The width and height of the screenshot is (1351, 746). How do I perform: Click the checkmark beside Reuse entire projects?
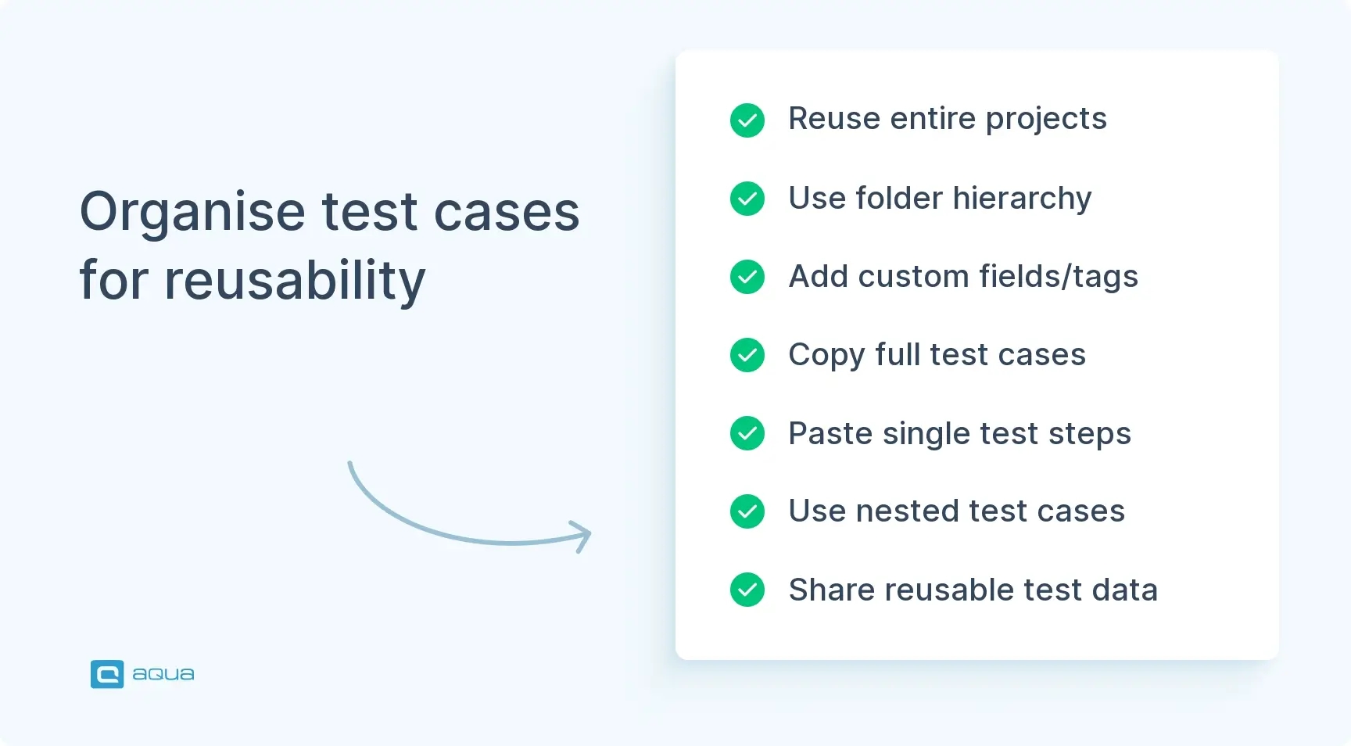tap(747, 120)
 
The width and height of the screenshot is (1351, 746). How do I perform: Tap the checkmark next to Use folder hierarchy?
tap(747, 199)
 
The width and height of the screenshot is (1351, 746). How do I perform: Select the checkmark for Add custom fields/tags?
tap(747, 277)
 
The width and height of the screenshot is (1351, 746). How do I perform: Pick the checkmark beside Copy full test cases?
tap(747, 355)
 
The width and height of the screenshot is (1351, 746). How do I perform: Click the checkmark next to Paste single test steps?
tap(747, 433)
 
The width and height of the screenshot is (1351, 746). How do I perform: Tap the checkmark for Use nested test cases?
tap(747, 511)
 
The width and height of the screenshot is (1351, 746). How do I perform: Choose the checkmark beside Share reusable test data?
tap(747, 590)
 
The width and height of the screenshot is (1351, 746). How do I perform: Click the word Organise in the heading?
tap(192, 213)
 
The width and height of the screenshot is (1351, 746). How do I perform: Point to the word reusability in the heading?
tap(295, 281)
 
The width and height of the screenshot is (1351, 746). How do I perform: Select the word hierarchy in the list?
tap(1022, 199)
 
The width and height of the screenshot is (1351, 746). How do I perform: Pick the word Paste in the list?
tap(830, 433)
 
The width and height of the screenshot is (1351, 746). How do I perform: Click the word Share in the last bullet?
tap(831, 590)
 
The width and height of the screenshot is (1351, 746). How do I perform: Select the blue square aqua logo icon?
tap(107, 674)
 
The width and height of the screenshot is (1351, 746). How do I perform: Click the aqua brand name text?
tap(163, 674)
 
